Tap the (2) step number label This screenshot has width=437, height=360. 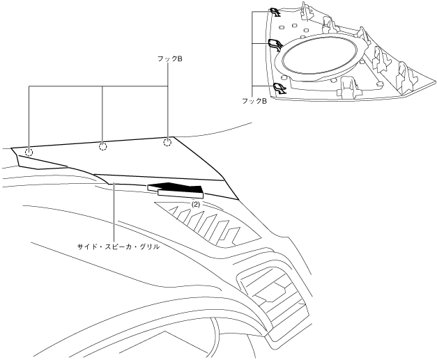pos(197,205)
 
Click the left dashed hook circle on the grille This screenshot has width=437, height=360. pos(29,152)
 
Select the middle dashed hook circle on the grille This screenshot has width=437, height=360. pos(102,146)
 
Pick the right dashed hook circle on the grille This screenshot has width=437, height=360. pos(167,143)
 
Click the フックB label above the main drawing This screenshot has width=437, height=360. pos(170,61)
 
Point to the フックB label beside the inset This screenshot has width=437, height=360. pos(255,101)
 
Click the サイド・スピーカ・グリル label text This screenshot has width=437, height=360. pos(115,246)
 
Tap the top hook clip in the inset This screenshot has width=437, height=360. pos(275,12)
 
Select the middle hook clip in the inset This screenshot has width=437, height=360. pos(275,46)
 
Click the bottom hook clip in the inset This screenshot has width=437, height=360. pos(278,88)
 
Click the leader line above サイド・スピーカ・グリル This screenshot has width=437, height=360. pos(114,209)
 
